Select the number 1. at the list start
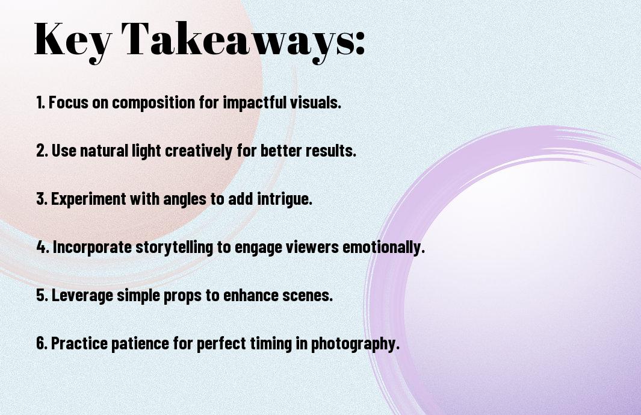(41, 102)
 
